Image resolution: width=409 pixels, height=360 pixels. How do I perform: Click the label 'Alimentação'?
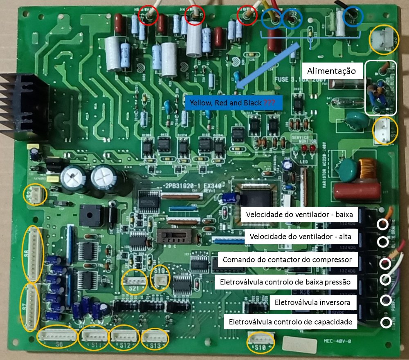332,71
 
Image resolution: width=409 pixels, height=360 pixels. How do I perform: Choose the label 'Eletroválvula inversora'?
313,303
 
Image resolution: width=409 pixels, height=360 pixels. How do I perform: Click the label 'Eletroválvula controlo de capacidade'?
291,322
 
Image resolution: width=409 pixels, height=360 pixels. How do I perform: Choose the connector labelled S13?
155,337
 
